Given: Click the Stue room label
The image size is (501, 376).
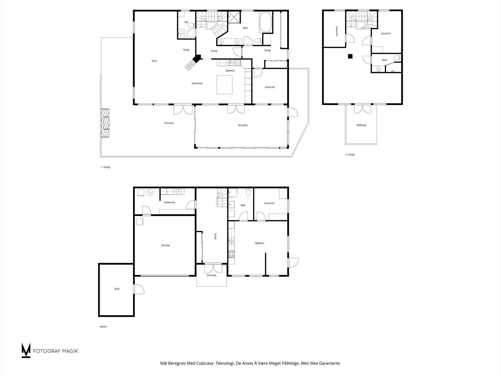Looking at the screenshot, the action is tap(154, 61).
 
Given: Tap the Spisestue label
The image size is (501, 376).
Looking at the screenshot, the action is tap(197, 83).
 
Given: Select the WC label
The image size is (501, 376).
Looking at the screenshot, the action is tap(186, 22).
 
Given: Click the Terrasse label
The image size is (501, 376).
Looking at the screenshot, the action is tap(169, 123).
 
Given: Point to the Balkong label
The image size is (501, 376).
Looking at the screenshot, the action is tap(361, 125).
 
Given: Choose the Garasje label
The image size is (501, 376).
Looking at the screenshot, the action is tap(165, 245).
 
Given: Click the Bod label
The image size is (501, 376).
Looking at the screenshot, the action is tap(117, 289).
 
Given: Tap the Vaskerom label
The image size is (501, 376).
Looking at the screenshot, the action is tap(169, 202).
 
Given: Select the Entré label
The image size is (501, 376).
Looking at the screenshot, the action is tap(215, 236).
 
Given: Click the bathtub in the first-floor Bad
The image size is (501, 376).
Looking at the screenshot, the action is tap(266, 22).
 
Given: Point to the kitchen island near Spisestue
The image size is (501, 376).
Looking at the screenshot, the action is tap(225, 85).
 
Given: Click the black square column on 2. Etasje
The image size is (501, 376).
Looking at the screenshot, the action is tap(350, 56).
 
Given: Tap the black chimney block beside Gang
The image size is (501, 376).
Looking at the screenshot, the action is tap(197, 59).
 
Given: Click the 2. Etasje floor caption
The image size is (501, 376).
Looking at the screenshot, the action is tap(350, 154).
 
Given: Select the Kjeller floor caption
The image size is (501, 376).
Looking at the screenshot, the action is tap(103, 327).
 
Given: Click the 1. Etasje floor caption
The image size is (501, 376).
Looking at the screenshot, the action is tap(106, 167).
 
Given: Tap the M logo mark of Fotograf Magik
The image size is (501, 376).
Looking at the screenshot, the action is tap(26, 350).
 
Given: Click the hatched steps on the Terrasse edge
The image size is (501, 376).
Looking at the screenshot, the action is tap(105, 123).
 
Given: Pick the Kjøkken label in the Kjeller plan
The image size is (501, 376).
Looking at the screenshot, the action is tap(260, 243).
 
